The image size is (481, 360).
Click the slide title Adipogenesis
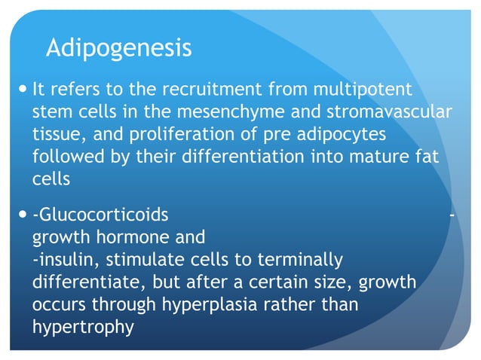(x=118, y=48)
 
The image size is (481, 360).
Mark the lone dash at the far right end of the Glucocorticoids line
(x=451, y=215)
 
